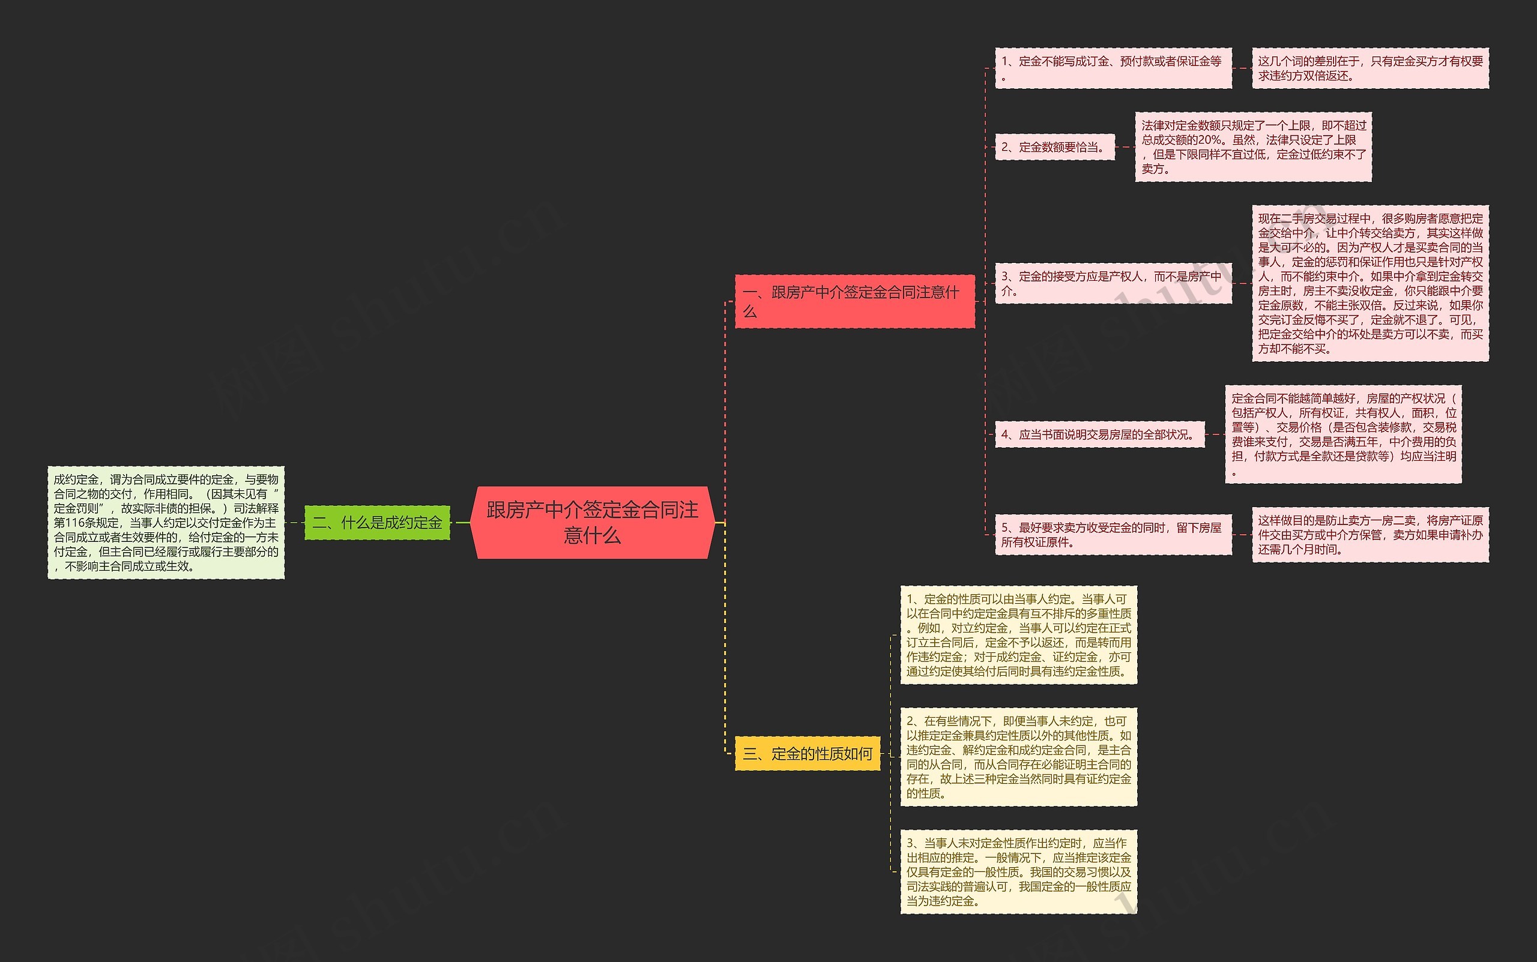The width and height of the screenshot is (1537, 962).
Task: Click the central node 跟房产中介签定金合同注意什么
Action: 593,522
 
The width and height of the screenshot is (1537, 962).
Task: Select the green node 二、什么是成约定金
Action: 377,522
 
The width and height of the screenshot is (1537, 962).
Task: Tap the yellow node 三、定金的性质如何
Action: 807,753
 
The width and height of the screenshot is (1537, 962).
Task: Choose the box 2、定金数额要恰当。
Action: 1054,147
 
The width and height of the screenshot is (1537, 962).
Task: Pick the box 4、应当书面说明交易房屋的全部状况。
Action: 1099,434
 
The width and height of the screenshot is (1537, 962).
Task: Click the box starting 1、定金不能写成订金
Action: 1113,68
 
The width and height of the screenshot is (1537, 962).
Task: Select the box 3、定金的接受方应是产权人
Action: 1113,283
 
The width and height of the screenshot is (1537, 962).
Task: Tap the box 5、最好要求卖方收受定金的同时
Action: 1113,535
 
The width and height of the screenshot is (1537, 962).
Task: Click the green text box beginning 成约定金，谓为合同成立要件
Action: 166,522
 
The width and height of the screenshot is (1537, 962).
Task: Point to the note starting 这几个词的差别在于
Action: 1369,68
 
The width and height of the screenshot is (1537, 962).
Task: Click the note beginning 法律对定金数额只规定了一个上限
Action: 1252,147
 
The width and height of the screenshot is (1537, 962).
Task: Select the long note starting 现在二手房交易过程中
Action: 1369,283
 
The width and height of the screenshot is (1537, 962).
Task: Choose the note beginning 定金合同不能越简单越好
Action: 1343,434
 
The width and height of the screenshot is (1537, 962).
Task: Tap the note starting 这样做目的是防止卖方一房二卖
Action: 1369,535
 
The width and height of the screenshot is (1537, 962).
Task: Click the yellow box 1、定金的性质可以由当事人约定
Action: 1018,635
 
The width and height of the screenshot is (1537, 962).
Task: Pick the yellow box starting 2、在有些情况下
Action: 1018,757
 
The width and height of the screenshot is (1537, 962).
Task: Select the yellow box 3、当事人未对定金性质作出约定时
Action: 1018,871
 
